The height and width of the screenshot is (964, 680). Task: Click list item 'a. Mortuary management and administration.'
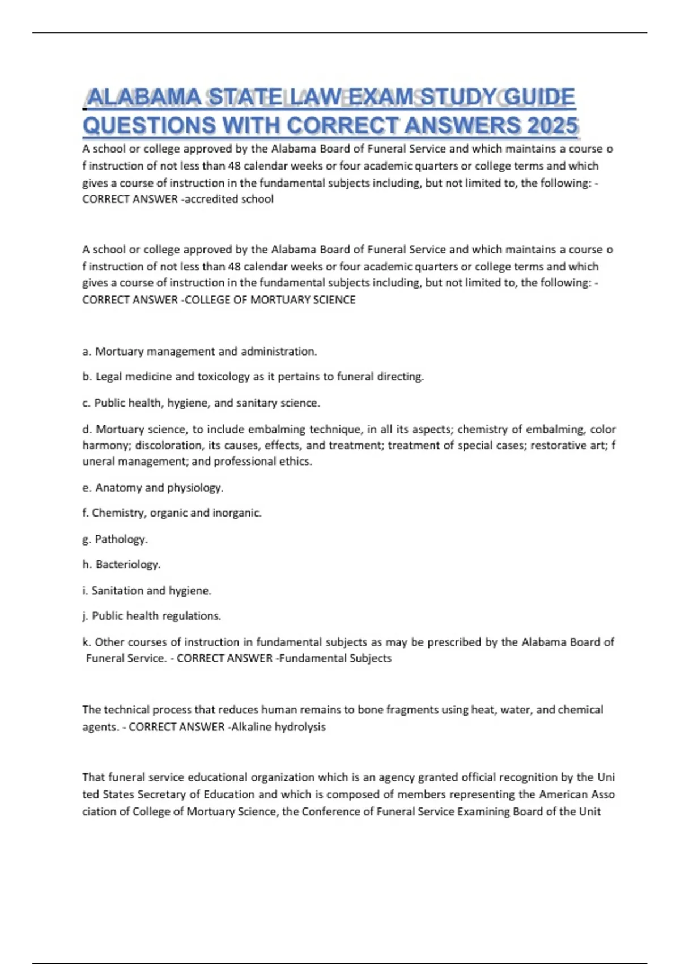tap(199, 352)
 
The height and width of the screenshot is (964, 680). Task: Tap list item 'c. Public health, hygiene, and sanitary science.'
tap(201, 403)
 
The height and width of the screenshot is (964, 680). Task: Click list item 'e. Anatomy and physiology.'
tap(153, 488)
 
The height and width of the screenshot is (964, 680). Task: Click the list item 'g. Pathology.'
tap(115, 539)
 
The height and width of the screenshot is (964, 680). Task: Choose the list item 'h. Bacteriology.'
tap(121, 565)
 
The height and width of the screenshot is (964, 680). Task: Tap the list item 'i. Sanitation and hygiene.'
tap(147, 591)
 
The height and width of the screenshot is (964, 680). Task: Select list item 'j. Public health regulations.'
tap(151, 616)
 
